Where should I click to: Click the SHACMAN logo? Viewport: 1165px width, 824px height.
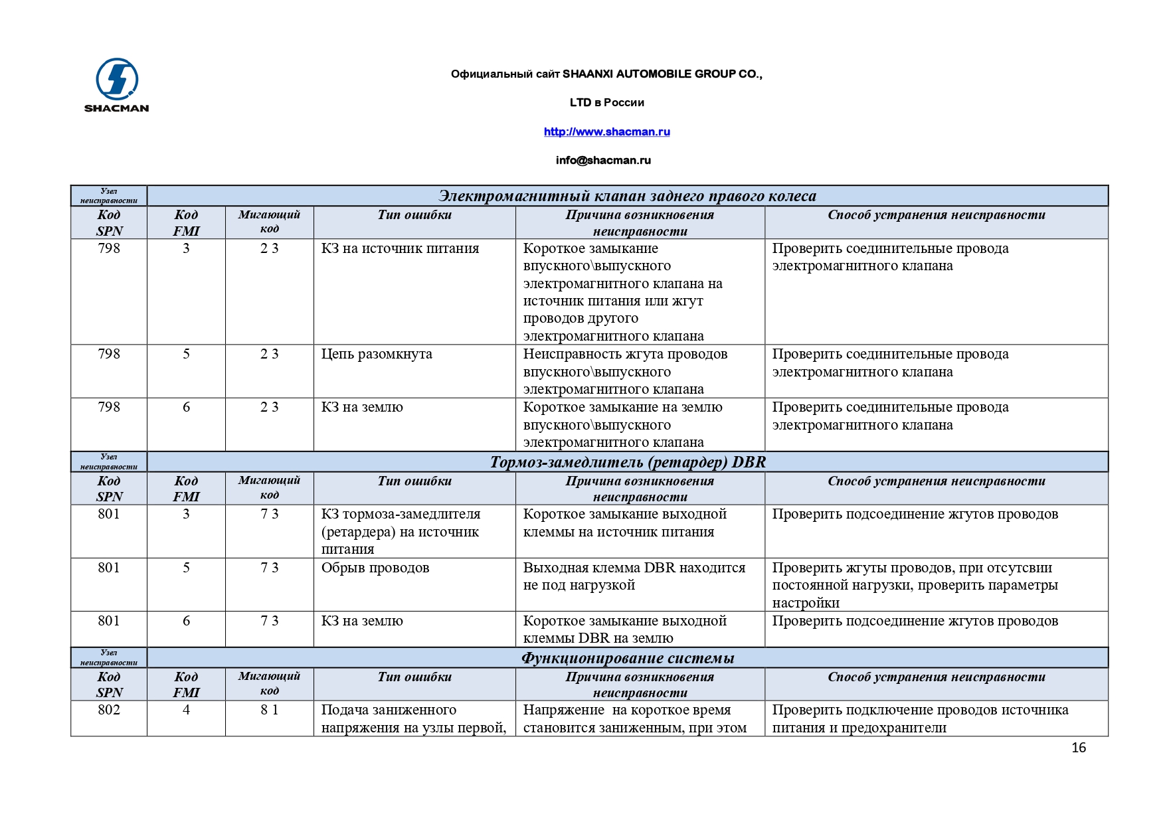116,85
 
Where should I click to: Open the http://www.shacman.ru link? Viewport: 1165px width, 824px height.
606,131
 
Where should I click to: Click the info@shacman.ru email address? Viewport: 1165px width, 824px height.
603,160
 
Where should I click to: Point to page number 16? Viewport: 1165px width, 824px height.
1078,748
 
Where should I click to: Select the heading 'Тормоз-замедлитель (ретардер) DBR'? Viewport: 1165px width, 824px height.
628,462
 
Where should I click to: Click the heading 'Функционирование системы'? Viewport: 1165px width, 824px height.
628,658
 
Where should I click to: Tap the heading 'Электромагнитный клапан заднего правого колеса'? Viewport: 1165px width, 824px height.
628,196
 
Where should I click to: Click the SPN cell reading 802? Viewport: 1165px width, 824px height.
109,710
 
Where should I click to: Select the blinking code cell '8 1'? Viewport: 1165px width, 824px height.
269,710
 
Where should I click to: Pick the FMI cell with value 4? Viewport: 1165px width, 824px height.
186,710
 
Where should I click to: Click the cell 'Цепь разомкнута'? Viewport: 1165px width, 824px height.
377,354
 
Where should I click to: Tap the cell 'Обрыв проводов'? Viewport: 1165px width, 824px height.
375,568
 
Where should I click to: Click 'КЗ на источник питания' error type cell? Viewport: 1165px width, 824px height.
400,248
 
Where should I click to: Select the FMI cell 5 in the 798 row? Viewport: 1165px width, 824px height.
186,354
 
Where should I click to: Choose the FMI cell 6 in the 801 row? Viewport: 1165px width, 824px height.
186,621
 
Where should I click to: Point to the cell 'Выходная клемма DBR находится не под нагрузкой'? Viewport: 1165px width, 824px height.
634,576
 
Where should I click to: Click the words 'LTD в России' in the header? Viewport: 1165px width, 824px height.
606,102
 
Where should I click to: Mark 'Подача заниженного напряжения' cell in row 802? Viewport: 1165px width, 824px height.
413,718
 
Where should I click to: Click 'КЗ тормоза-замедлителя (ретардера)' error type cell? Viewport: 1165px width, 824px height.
401,531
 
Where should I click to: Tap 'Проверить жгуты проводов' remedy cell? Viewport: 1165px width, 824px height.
915,585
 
